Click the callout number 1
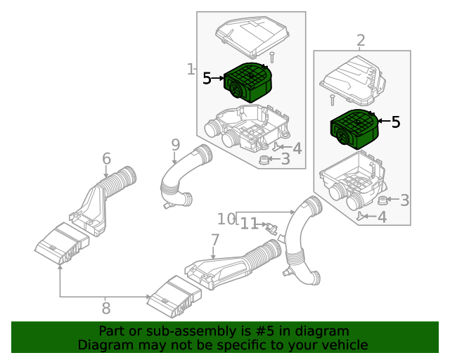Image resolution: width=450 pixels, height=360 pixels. click(191, 69)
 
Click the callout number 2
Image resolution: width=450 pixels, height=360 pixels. click(361, 41)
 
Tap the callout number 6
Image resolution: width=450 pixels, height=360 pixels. click(106, 158)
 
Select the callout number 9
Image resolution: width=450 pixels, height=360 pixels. click(175, 146)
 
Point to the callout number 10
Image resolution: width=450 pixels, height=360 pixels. click(226, 219)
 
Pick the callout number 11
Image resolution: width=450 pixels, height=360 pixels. click(250, 224)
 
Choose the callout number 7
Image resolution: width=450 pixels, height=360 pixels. click(215, 241)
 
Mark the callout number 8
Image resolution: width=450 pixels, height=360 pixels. click(106, 308)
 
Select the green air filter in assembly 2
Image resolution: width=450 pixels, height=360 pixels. click(354, 129)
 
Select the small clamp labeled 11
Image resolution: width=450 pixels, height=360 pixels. click(271, 227)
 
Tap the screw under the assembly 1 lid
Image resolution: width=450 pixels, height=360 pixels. click(271, 56)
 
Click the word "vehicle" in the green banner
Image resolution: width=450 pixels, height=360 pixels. click(341, 345)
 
